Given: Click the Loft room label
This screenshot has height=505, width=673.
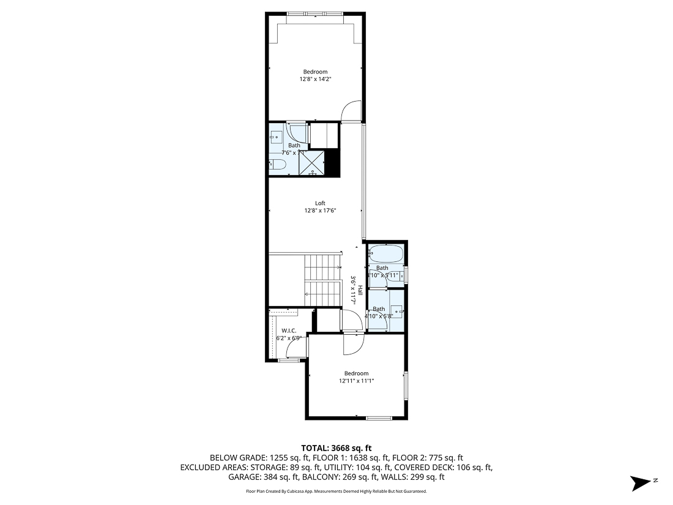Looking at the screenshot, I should tap(320, 203).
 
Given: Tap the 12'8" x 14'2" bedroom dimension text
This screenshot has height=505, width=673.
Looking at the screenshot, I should tap(315, 79).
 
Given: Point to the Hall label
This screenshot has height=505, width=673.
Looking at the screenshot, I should tap(361, 292).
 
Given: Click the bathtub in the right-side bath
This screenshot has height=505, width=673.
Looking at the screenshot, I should tap(384, 253).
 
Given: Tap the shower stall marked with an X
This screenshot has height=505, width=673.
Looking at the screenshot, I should tap(311, 162).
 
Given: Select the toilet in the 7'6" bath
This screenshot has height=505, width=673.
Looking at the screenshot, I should tap(275, 164).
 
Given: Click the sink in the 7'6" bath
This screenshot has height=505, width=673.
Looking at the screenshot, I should tap(277, 137).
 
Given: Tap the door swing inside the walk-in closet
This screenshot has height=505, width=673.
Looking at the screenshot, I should tap(297, 347).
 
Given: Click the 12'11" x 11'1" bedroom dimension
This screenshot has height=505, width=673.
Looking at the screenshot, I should tap(356, 381).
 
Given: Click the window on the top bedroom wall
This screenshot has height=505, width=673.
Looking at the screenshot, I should tap(315, 13).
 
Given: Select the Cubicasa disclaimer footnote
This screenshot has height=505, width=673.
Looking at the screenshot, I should tap(336, 492).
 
